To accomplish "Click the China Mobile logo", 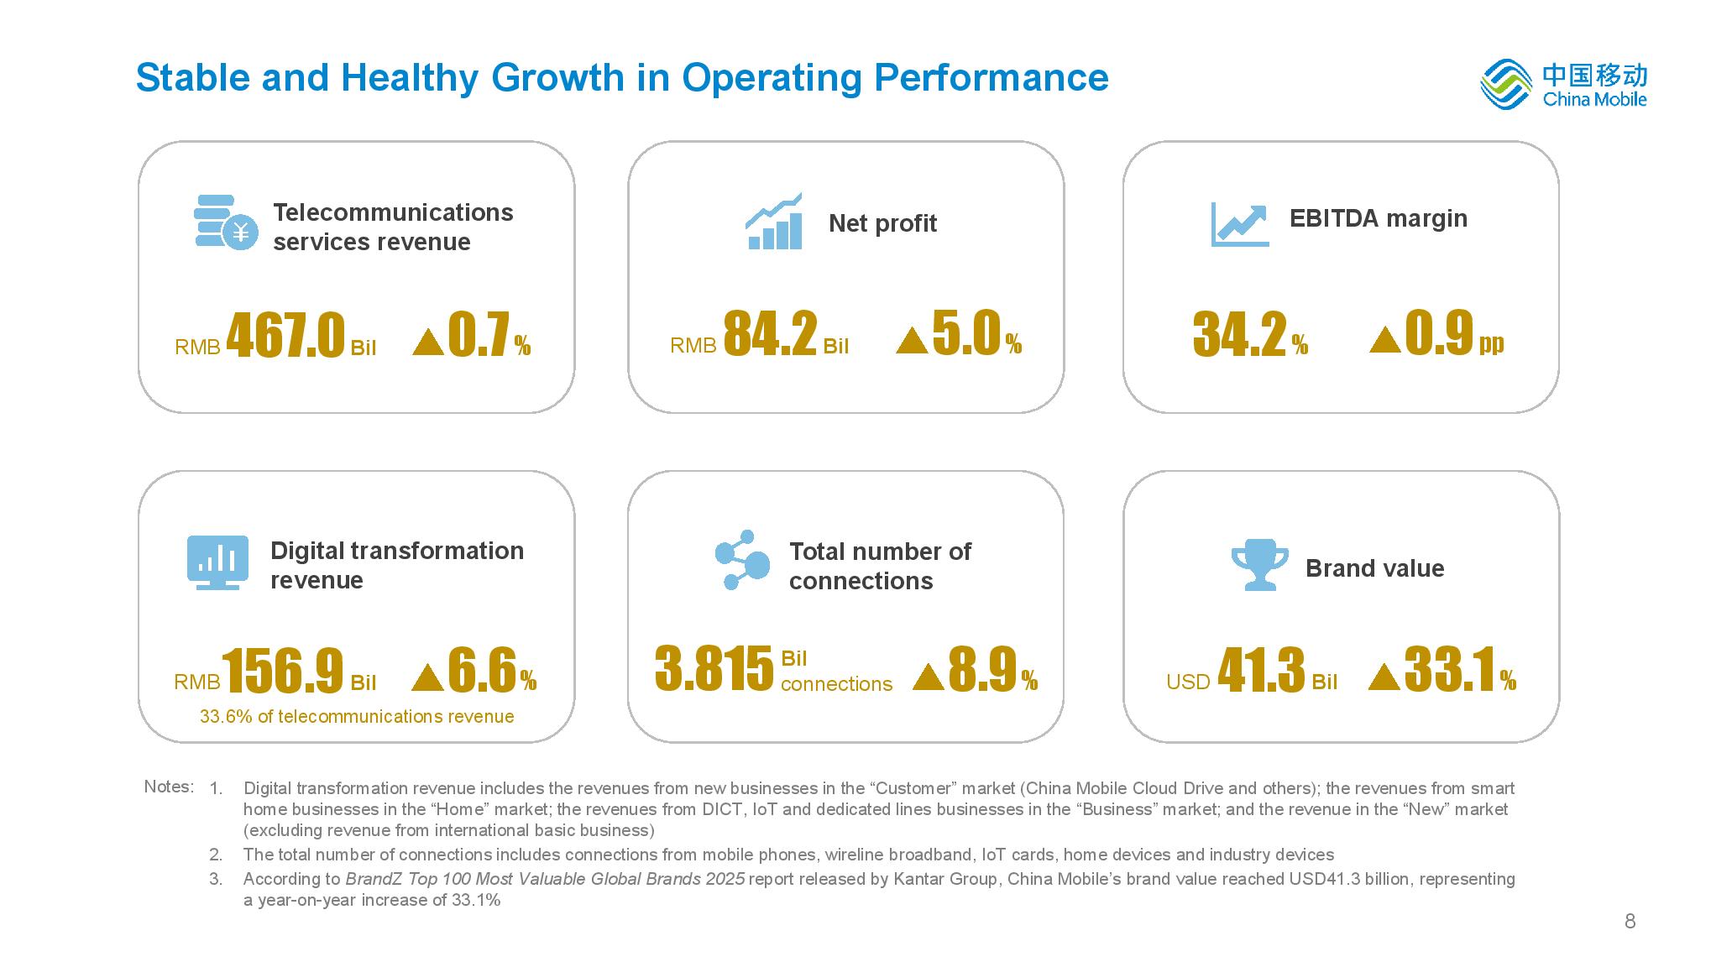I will point(1562,84).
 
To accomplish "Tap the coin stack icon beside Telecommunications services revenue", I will point(225,222).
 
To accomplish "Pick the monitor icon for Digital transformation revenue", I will point(217,562).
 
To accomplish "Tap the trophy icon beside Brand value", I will point(1259,564).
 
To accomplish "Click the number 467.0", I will point(285,336).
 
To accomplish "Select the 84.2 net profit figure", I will point(770,334).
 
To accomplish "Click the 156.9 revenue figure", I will point(283,672).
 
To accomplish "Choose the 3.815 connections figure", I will point(714,670).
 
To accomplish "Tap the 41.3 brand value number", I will point(1261,671).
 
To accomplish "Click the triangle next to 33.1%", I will point(1384,677).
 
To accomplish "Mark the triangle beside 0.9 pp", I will point(1384,340).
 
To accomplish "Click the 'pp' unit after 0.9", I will point(1491,342).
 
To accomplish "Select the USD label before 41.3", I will point(1188,682).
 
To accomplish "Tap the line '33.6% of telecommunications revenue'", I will point(357,717).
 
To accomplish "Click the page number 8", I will point(1630,922).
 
